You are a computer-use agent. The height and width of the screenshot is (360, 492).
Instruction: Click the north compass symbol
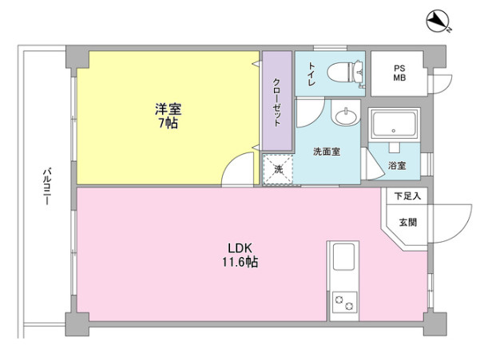point(438,21)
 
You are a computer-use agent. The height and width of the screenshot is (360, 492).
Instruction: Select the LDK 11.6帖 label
point(240,255)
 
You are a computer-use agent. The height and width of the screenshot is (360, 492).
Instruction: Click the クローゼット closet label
point(276,102)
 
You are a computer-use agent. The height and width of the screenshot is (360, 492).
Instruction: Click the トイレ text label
point(311,74)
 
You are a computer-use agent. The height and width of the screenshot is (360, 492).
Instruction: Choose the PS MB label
point(399,73)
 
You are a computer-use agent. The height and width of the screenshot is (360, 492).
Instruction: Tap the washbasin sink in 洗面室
point(346,117)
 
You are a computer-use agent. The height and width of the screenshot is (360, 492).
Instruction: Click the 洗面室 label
point(327,152)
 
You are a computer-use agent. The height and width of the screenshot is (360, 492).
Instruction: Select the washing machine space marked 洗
point(278,170)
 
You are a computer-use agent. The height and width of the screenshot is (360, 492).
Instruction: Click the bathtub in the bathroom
point(394,124)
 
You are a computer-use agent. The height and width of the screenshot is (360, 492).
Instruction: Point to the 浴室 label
point(397,165)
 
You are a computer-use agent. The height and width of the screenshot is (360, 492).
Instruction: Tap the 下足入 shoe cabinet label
point(407,196)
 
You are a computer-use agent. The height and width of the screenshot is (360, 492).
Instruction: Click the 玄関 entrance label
point(408,223)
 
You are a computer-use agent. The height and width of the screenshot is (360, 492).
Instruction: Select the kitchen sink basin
point(343,257)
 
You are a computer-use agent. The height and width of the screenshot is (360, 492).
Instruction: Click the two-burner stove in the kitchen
point(344,303)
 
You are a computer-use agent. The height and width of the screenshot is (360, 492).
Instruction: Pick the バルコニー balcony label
point(47,187)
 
